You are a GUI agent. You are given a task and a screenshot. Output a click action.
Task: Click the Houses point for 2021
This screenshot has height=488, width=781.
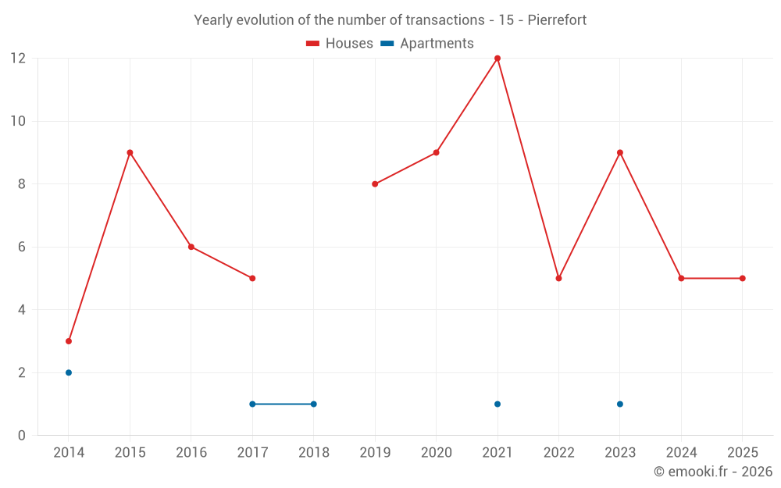click(x=497, y=59)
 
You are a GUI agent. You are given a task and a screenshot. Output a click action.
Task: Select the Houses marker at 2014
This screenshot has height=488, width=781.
click(x=69, y=341)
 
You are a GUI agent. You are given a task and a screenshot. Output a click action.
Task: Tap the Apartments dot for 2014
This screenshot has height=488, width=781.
click(x=69, y=372)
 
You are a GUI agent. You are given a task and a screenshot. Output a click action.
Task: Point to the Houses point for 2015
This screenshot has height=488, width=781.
click(x=130, y=152)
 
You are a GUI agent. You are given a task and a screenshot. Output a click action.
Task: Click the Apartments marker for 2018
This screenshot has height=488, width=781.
click(x=314, y=404)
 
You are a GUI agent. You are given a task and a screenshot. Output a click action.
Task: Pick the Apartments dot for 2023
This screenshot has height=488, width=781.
click(x=620, y=404)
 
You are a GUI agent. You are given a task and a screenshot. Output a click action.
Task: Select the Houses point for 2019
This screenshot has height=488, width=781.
click(x=375, y=184)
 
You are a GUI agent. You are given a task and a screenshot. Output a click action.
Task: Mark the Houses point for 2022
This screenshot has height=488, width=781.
click(x=558, y=278)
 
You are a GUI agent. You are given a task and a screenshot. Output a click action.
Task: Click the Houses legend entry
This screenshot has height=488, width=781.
click(x=340, y=44)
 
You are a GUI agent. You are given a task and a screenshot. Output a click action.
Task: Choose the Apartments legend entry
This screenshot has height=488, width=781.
click(x=427, y=44)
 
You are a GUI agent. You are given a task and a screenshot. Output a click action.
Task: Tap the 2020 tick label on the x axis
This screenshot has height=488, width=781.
click(x=436, y=453)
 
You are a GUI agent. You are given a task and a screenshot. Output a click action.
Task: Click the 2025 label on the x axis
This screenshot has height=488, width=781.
click(x=742, y=453)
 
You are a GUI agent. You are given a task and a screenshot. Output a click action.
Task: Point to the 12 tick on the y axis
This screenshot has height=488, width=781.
click(x=18, y=59)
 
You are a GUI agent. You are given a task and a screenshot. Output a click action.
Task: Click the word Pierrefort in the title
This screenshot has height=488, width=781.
click(x=557, y=20)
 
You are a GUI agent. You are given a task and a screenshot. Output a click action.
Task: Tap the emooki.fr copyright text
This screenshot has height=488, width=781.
click(x=712, y=472)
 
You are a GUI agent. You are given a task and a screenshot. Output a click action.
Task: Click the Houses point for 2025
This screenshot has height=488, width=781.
click(x=743, y=278)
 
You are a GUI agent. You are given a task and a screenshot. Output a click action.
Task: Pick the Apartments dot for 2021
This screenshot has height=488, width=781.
click(x=497, y=404)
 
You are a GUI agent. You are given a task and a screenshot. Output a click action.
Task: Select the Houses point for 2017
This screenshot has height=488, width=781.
click(x=252, y=278)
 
